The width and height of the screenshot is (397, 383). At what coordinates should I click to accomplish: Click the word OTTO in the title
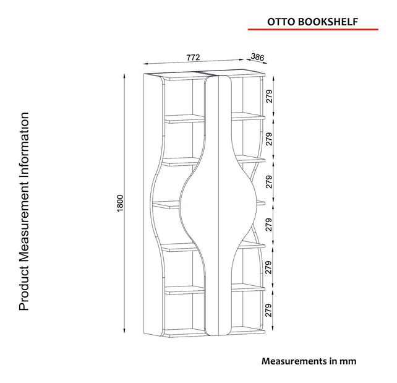click(x=280, y=20)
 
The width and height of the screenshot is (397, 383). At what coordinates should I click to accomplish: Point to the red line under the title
click(x=312, y=29)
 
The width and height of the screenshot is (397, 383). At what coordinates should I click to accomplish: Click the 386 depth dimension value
click(x=258, y=58)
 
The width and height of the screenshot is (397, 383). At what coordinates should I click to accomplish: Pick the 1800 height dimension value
click(x=121, y=204)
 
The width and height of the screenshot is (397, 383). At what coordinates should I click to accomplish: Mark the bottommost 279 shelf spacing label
click(x=269, y=310)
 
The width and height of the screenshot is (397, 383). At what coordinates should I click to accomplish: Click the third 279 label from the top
click(x=269, y=181)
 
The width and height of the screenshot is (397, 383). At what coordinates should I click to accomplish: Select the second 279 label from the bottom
click(x=269, y=267)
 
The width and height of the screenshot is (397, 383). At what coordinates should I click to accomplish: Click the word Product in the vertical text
click(x=24, y=290)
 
